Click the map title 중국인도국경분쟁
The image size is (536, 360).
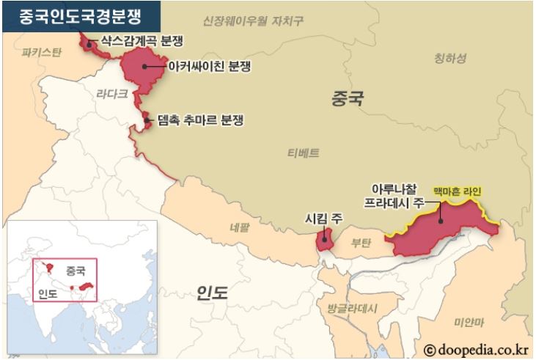pyautogui.click(x=80, y=15)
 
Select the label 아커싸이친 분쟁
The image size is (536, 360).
pyautogui.click(x=209, y=67)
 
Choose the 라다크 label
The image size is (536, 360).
pyautogui.click(x=112, y=93)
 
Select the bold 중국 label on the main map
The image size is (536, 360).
pyautogui.click(x=348, y=98)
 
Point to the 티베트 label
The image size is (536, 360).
pyautogui.click(x=303, y=153)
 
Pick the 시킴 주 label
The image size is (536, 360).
pyautogui.click(x=325, y=217)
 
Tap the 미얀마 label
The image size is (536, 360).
pyautogui.click(x=469, y=322)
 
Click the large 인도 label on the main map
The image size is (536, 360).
pyautogui.click(x=213, y=294)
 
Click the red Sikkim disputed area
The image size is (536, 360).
pyautogui.click(x=324, y=241)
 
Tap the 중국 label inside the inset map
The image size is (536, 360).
pyautogui.click(x=76, y=270)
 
